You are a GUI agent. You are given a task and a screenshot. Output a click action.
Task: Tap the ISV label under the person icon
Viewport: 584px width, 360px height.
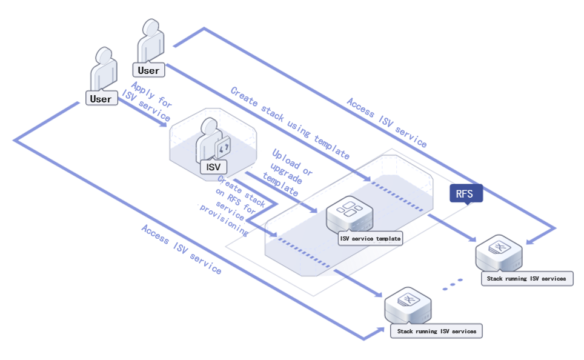[x=213, y=167]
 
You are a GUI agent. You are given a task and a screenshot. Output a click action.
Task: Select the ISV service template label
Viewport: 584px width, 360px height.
[x=370, y=238]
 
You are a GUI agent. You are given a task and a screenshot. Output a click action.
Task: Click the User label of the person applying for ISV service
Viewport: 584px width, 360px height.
[x=101, y=98]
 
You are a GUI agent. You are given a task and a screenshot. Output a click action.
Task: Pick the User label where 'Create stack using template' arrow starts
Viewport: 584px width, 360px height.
[x=148, y=70]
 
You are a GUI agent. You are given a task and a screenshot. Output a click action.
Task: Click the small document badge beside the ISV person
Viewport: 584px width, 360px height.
[x=223, y=147]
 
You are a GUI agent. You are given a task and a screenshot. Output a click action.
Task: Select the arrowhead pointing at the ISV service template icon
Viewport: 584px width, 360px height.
[x=314, y=210]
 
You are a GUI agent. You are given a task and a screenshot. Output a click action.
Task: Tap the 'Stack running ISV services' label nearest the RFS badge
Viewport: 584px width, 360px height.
[x=526, y=279]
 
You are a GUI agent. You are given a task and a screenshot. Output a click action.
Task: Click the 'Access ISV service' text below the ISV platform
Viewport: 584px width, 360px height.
[x=181, y=248]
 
